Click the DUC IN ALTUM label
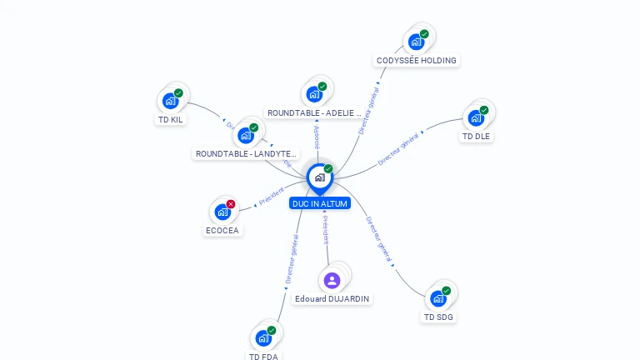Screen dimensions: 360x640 coord(320,203)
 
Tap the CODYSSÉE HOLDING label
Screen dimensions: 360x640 coord(417,61)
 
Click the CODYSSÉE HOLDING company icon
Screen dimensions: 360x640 coord(416,42)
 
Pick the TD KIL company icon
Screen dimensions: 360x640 coord(170,102)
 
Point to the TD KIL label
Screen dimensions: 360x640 coord(171,119)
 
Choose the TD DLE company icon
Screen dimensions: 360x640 coord(476,118)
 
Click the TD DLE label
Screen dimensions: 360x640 coord(477,136)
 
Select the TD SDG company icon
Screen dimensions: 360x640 coord(438,299)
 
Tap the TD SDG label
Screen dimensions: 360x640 coord(439,317)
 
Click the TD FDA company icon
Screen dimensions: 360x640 coord(263,338)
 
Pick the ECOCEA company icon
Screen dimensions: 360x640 coord(222,212)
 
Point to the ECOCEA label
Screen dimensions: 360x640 coord(222,231)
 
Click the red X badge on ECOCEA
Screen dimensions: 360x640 coord(231,204)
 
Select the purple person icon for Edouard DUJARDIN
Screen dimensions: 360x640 coord(332,280)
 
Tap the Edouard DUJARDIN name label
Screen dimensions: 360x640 coord(332,298)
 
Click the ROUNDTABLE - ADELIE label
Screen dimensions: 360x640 coord(314,112)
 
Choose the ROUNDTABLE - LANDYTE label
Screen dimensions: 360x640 coord(246,153)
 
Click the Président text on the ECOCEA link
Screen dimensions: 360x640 coord(272,197)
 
